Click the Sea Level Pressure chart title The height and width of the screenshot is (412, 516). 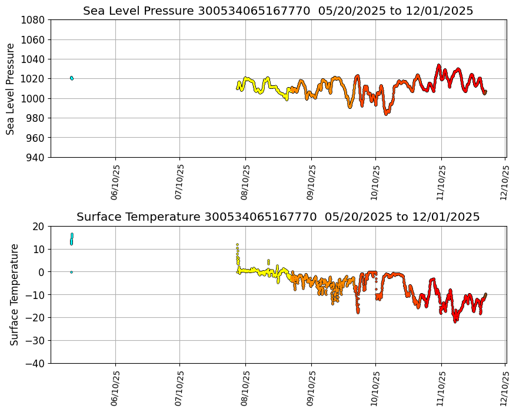click(278, 11)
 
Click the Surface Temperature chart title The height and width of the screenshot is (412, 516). click(278, 217)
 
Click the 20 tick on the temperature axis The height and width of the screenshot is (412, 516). click(39, 226)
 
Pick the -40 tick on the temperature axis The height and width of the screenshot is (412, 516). click(35, 364)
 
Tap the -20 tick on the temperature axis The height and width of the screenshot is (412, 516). click(35, 318)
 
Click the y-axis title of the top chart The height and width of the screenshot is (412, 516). click(11, 89)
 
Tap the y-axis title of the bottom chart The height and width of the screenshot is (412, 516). click(15, 294)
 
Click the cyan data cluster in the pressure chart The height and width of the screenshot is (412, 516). click(71, 78)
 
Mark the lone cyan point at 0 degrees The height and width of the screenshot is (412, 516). click(71, 272)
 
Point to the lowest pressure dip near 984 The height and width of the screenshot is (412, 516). click(386, 114)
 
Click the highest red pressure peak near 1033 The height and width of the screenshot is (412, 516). click(438, 65)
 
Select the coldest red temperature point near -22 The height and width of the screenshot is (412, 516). click(455, 321)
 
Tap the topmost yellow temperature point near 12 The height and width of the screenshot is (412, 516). click(237, 244)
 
